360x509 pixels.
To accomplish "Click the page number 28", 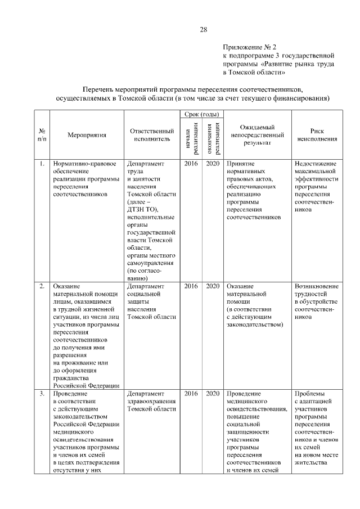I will coord(204,30).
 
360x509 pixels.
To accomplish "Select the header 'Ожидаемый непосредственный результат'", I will coord(256,135).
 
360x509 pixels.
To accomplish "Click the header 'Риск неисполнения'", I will coord(317,135).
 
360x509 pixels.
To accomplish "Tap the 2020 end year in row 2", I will coord(212,286).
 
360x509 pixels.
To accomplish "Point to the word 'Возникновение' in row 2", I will coord(317,286).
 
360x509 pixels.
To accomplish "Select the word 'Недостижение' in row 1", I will coord(315,164).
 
